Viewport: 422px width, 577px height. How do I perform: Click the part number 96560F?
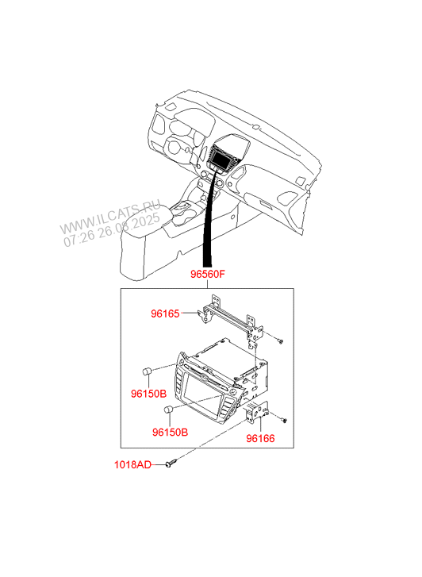pyautogui.click(x=207, y=274)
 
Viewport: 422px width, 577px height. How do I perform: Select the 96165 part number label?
pyautogui.click(x=165, y=314)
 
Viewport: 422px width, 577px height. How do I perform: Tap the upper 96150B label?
pyautogui.click(x=148, y=394)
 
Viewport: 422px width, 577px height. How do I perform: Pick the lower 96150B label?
pyautogui.click(x=170, y=432)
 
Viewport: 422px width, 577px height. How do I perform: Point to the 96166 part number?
pyautogui.click(x=260, y=438)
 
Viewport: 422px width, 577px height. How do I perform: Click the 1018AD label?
pyautogui.click(x=132, y=465)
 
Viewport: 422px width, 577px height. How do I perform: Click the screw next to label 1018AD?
pyautogui.click(x=171, y=463)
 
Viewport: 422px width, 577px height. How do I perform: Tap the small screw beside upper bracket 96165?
pyautogui.click(x=280, y=341)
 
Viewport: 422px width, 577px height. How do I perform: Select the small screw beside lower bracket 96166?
pyautogui.click(x=284, y=420)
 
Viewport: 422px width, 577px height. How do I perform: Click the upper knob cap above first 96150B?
pyautogui.click(x=148, y=371)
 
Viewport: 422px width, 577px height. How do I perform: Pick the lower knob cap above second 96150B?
pyautogui.click(x=168, y=410)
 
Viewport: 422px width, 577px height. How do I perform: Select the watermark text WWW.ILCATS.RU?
pyautogui.click(x=109, y=217)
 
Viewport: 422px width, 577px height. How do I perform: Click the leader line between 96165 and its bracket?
pyautogui.click(x=190, y=314)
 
